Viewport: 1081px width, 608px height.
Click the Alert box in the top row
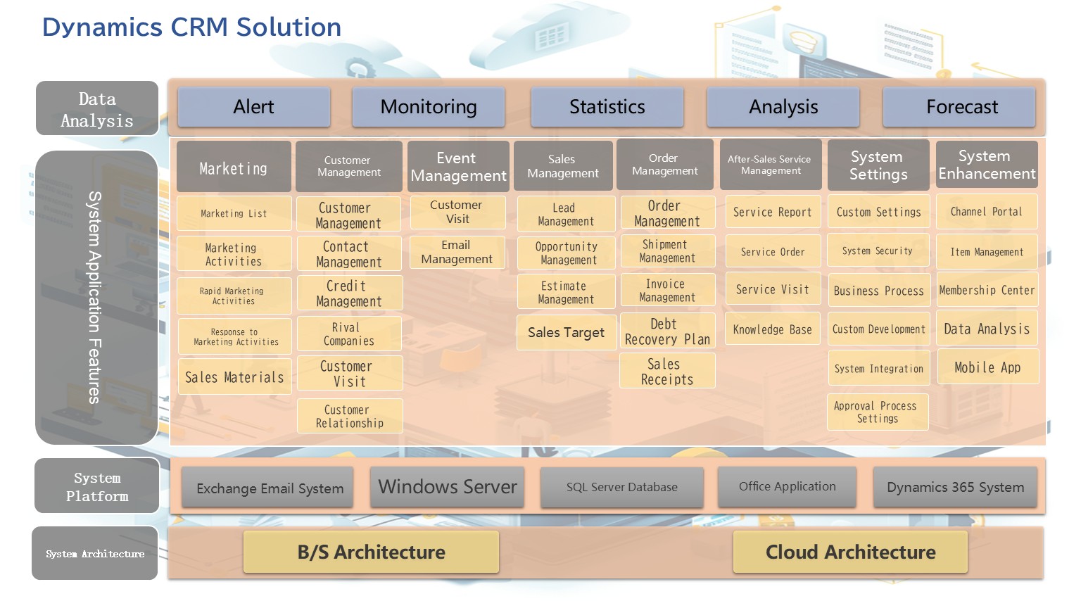point(253,107)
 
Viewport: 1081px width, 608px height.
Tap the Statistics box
point(607,107)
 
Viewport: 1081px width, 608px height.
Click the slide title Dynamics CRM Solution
point(191,27)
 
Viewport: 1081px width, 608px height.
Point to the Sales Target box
point(566,333)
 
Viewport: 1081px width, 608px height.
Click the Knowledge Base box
point(772,329)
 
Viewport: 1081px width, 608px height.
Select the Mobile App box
point(987,367)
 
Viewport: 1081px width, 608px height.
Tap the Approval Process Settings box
point(877,412)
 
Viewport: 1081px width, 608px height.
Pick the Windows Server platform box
point(447,487)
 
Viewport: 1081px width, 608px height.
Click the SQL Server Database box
point(621,487)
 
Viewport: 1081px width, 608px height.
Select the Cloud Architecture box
point(850,552)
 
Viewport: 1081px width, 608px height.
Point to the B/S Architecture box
point(371,552)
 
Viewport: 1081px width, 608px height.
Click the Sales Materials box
point(234,377)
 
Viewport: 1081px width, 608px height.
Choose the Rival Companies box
point(349,334)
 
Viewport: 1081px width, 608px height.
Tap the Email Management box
point(457,252)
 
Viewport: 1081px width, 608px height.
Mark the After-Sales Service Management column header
point(770,165)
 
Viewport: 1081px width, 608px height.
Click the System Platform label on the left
point(97,486)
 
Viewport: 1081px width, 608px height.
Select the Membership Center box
point(987,290)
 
